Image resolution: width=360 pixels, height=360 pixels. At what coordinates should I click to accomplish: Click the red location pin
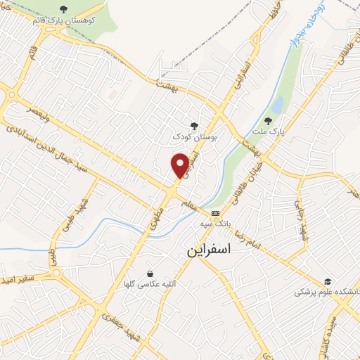(180, 165)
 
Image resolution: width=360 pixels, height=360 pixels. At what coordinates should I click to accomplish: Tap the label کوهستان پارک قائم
(63, 20)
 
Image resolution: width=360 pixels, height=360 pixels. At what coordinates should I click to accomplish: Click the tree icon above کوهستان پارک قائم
(64, 9)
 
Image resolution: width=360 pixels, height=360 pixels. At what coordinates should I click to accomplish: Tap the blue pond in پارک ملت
(277, 105)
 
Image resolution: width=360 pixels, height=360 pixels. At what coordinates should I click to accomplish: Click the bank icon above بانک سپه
(215, 213)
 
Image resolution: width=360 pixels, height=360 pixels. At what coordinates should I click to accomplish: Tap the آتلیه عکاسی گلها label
(148, 284)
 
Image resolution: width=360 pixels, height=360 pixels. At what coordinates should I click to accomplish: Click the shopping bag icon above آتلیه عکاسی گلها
(150, 274)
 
